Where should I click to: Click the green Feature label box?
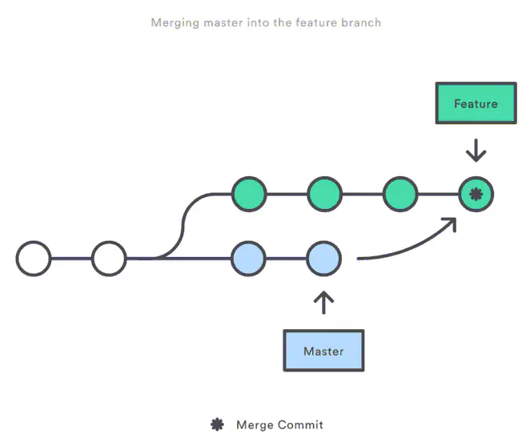[x=476, y=103]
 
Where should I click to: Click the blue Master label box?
[x=323, y=351]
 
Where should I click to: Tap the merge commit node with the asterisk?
[x=476, y=193]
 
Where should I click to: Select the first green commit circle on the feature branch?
[x=248, y=193]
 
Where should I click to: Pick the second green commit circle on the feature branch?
[x=324, y=193]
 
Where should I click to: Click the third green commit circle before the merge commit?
[x=400, y=193]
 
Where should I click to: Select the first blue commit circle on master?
[x=248, y=259]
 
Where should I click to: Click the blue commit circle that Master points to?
[x=324, y=259]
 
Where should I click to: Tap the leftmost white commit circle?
[x=34, y=259]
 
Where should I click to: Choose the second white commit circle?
[x=109, y=259]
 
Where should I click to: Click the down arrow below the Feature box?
[x=476, y=150]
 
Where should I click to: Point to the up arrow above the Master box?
[x=324, y=302]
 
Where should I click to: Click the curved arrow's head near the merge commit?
[x=451, y=222]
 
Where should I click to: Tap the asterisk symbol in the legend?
[x=217, y=424]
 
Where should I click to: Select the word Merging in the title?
[x=173, y=22]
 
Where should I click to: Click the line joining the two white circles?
[x=71, y=259]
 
